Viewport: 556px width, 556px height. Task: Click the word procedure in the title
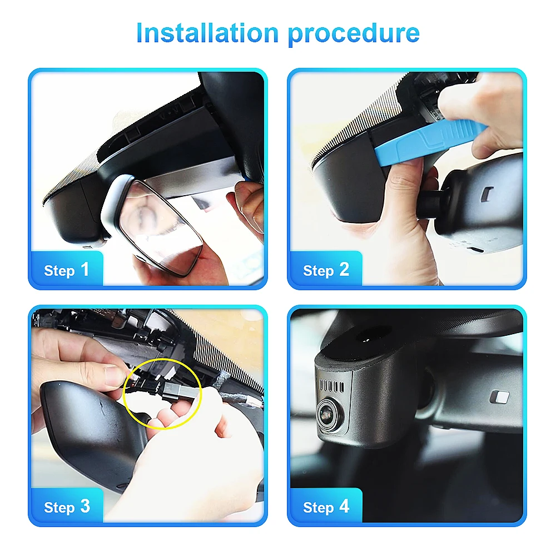pyautogui.click(x=354, y=34)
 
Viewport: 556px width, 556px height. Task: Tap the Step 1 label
pyautogui.click(x=66, y=270)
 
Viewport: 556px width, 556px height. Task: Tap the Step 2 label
pyautogui.click(x=326, y=270)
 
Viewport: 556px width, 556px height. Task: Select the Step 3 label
pyautogui.click(x=66, y=507)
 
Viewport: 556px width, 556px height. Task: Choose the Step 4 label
pyautogui.click(x=326, y=507)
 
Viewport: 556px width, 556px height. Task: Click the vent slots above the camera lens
pyautogui.click(x=332, y=385)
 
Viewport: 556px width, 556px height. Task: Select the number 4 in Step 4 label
pyautogui.click(x=344, y=507)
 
